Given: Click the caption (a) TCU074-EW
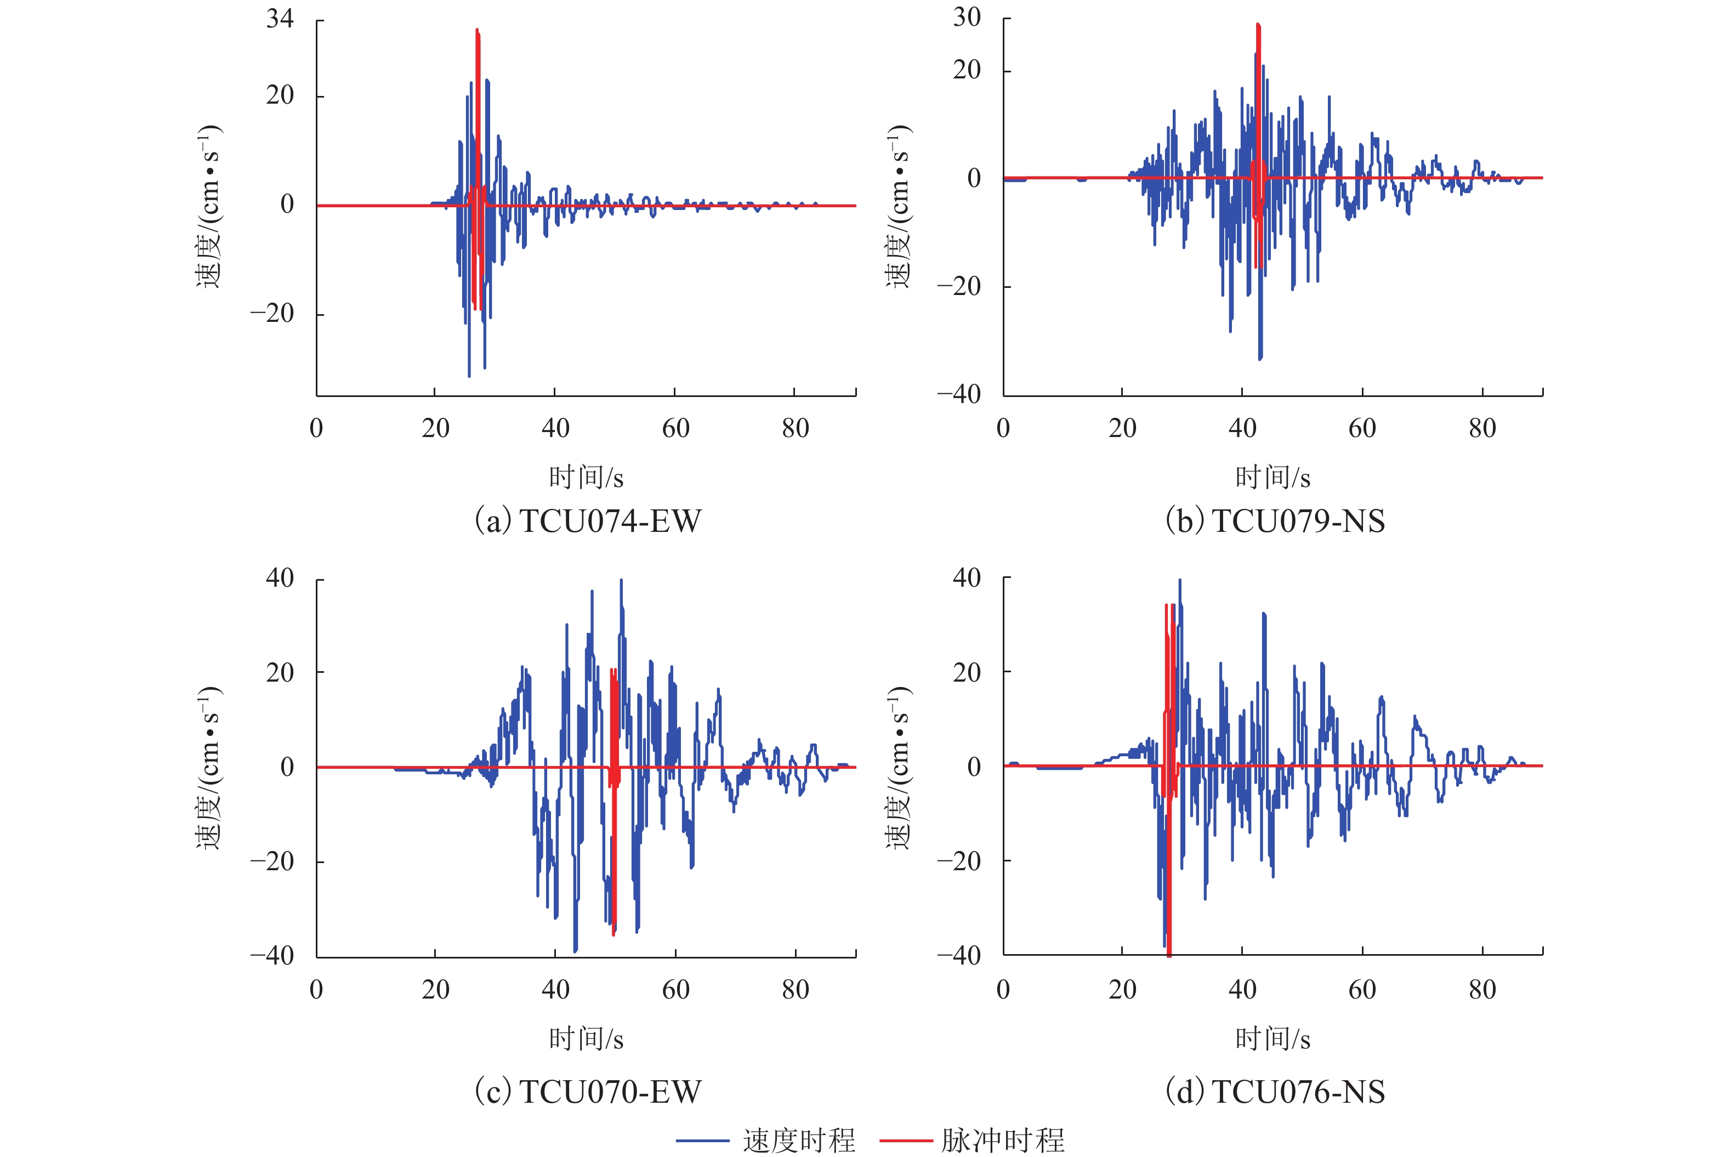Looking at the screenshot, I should tap(587, 521).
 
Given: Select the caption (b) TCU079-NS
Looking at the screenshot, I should tap(1274, 521).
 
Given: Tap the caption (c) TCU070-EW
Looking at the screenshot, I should tap(587, 1091).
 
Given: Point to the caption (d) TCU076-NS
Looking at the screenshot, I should tap(1274, 1091).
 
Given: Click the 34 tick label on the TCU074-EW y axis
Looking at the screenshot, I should tap(280, 19).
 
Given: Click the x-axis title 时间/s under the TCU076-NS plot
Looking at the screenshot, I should tap(1272, 1039).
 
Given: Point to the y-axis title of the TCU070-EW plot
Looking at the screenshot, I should tap(209, 767).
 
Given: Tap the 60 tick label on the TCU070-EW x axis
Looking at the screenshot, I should tap(675, 990).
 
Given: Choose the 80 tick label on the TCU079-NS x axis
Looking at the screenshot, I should tap(1482, 428).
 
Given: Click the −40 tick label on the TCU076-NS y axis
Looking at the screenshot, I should tap(959, 956).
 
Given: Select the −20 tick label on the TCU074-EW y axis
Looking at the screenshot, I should tap(272, 314).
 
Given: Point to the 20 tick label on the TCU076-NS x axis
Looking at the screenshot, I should tap(1122, 990).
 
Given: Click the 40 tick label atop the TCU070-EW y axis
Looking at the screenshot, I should tap(280, 578).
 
